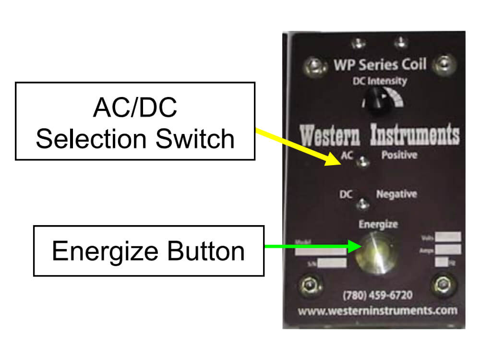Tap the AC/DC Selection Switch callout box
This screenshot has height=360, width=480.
(135, 121)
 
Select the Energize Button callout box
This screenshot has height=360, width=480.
(148, 251)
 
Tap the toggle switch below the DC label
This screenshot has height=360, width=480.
(364, 204)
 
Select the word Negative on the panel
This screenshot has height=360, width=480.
(396, 194)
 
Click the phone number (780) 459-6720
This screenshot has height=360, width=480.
(377, 295)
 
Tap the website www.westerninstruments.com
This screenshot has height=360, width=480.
(377, 311)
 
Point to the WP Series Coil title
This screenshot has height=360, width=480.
(380, 64)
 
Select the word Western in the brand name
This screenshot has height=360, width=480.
(331, 135)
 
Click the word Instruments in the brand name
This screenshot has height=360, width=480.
(415, 135)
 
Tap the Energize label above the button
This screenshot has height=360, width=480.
(378, 224)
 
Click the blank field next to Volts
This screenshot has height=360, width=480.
(449, 237)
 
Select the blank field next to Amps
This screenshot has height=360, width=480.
(449, 249)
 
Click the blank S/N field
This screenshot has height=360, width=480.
(332, 263)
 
